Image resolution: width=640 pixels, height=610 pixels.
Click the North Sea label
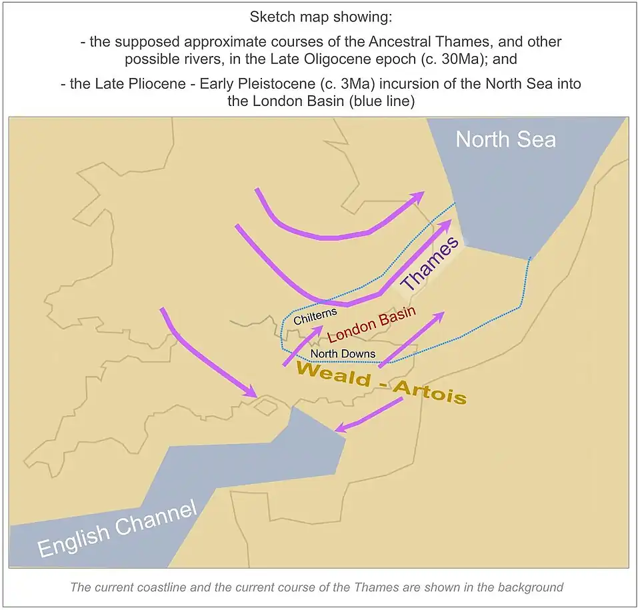(505, 139)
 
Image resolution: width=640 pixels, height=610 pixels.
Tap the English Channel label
(117, 529)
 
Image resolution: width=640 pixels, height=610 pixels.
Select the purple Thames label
(431, 264)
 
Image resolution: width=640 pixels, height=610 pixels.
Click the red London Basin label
(372, 323)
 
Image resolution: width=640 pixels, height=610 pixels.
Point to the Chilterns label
(315, 314)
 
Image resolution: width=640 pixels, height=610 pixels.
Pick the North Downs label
(343, 354)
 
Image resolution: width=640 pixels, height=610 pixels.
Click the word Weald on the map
(333, 375)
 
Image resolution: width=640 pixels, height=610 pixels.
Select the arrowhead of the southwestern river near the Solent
(251, 393)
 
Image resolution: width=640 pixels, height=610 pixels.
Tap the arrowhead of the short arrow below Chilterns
(319, 329)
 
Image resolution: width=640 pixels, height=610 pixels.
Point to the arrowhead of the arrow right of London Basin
(439, 316)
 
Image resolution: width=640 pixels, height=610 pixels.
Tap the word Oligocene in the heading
(385, 59)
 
